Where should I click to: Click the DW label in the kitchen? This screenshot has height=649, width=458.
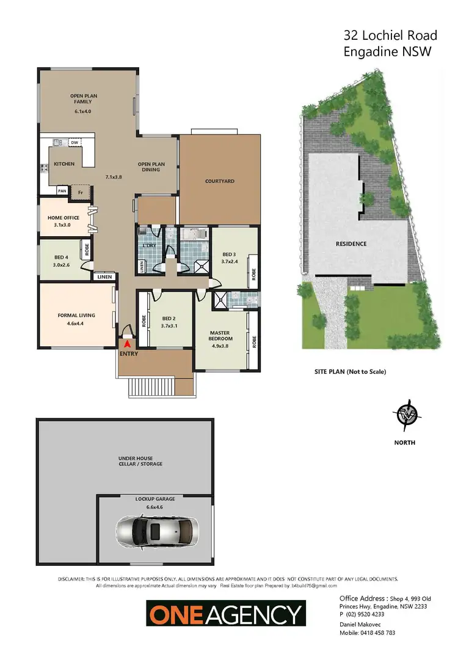click(75, 143)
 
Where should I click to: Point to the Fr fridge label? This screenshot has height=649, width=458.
click(80, 191)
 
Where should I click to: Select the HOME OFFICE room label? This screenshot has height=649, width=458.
click(64, 218)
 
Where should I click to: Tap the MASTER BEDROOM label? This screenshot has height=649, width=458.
click(220, 336)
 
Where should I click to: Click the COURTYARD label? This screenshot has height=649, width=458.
click(220, 181)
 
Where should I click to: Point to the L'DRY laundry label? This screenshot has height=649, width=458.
click(150, 245)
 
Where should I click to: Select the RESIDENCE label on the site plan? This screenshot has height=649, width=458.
click(351, 244)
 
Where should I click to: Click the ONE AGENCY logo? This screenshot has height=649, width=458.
click(225, 613)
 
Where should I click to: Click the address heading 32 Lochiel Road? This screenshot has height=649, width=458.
click(388, 36)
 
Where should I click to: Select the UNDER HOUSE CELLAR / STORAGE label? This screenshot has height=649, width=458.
click(140, 461)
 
